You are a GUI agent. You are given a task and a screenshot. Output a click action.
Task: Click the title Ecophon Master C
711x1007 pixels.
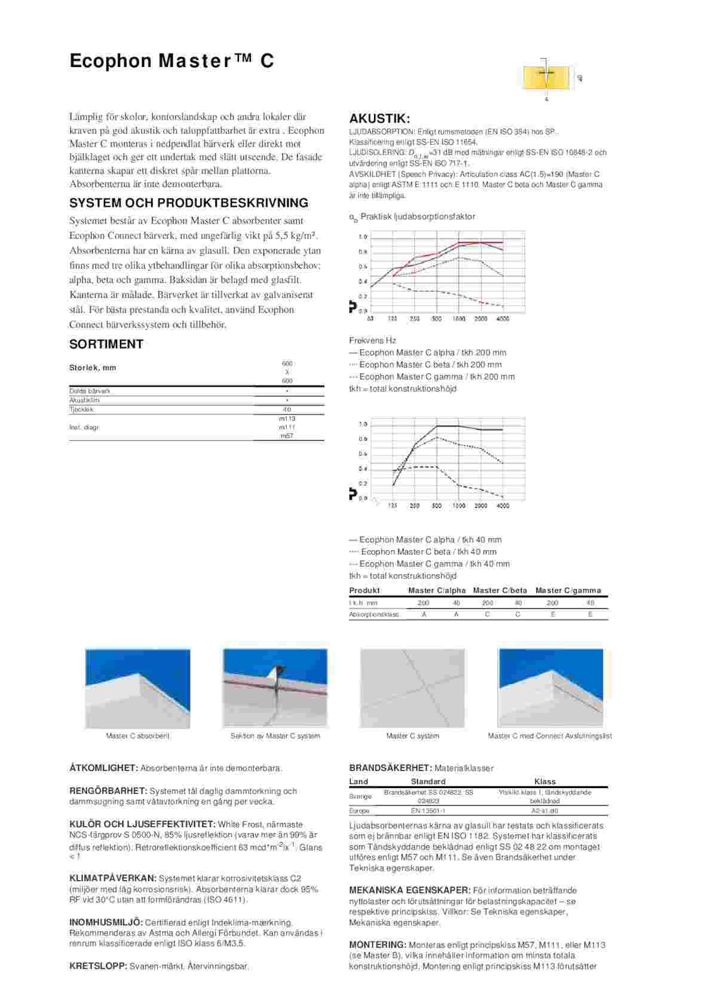171,61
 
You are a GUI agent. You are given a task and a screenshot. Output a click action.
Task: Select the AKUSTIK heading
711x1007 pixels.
379,118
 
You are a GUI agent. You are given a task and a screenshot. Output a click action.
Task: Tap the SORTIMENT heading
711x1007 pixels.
106,344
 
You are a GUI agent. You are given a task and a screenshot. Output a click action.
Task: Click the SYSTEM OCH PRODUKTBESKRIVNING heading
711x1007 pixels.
189,203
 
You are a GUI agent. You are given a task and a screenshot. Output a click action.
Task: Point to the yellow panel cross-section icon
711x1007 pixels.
546,77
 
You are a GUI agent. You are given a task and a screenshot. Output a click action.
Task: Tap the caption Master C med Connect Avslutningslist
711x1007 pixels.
549,736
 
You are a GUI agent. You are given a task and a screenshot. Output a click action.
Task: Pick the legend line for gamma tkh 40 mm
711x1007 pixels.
429,564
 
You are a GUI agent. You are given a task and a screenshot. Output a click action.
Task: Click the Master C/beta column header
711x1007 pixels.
499,590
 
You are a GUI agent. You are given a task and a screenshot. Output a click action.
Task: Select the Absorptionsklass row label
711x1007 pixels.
373,614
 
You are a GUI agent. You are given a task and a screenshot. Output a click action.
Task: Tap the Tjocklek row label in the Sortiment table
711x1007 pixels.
81,410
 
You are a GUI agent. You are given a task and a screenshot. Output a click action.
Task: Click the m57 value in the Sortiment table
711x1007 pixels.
287,436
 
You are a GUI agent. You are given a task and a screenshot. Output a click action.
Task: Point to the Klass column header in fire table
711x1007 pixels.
544,782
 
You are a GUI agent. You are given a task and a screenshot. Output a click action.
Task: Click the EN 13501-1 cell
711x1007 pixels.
428,811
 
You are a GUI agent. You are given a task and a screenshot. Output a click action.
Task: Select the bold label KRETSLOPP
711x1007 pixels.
98,966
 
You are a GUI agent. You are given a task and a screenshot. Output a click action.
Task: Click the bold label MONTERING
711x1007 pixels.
377,945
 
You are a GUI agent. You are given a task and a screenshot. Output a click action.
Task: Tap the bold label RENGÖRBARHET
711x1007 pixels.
108,791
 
